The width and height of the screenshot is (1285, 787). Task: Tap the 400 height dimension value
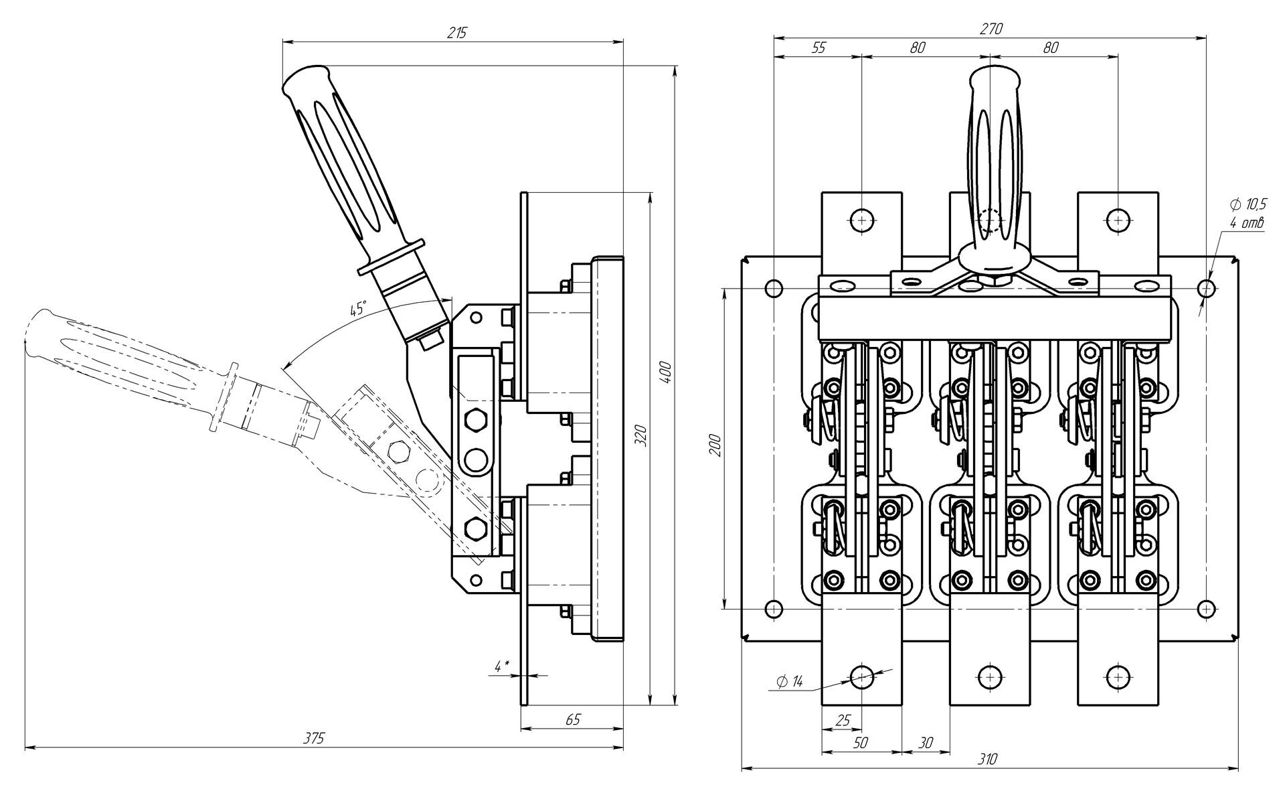click(666, 373)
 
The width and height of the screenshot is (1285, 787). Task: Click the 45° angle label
click(358, 309)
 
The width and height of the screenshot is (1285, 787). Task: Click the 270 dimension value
click(992, 29)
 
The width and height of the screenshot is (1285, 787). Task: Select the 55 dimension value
click(818, 48)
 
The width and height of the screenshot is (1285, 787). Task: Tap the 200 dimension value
click(715, 445)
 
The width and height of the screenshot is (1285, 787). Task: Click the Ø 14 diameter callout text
click(790, 683)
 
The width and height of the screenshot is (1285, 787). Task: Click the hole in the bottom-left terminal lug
click(861, 677)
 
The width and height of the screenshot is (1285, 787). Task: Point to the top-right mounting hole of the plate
click(1206, 289)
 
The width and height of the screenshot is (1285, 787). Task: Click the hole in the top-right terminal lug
click(1118, 220)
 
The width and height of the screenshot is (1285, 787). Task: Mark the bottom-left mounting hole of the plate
click(773, 609)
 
